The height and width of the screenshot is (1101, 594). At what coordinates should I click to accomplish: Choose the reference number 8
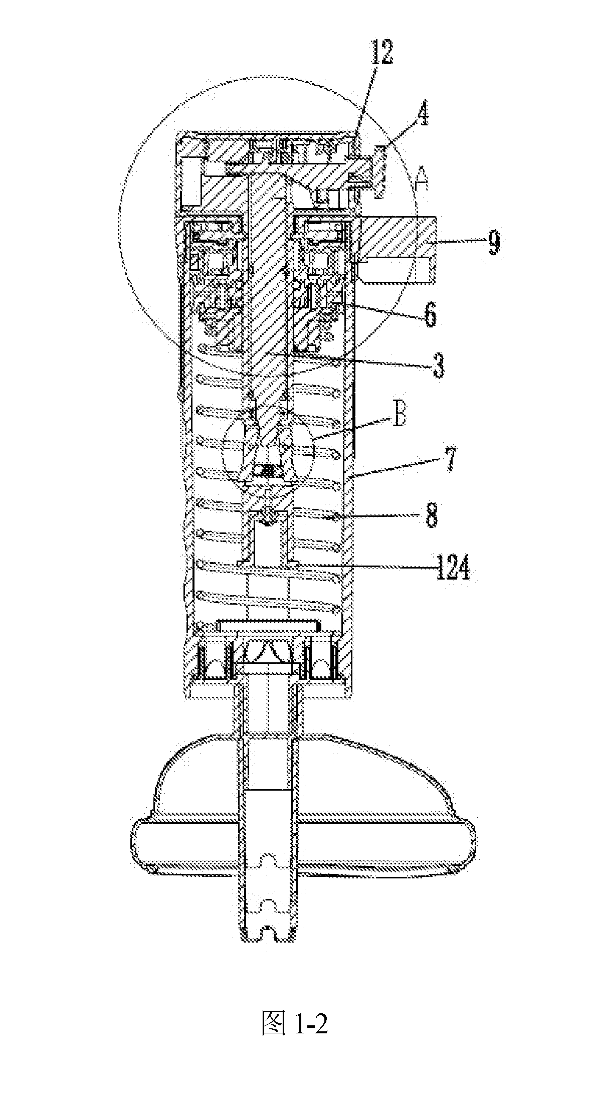[431, 513]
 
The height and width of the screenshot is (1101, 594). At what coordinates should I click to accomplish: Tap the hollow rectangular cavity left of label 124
[270, 541]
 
